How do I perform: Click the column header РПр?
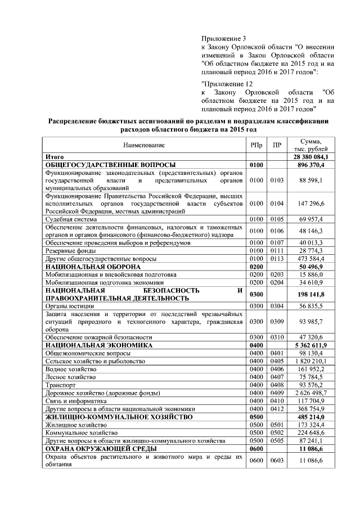[256, 145]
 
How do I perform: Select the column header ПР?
[276, 145]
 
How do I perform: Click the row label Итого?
[55, 157]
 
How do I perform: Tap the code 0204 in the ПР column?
[276, 282]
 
